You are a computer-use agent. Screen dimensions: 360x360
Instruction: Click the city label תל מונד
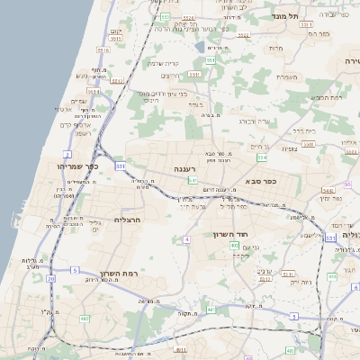tap(291, 15)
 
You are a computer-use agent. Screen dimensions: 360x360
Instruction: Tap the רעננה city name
tap(185, 168)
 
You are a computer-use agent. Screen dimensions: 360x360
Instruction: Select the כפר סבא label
tap(285, 180)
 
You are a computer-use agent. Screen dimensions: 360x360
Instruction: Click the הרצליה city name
tap(130, 218)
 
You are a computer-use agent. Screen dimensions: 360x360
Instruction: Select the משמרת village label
tap(287, 76)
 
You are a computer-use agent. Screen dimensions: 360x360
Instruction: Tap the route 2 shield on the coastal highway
tap(67, 155)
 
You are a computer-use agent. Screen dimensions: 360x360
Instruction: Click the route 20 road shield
tap(51, 279)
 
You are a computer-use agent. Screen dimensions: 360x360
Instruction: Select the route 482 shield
tap(85, 318)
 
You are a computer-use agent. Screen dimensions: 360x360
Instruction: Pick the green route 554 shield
tap(262, 157)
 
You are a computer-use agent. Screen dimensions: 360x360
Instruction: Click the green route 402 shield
tap(234, 245)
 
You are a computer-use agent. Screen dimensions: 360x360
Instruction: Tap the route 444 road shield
tap(332, 276)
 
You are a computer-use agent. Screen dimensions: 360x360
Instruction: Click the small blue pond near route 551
tap(200, 45)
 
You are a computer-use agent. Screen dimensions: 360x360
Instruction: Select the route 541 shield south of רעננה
tap(193, 181)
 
